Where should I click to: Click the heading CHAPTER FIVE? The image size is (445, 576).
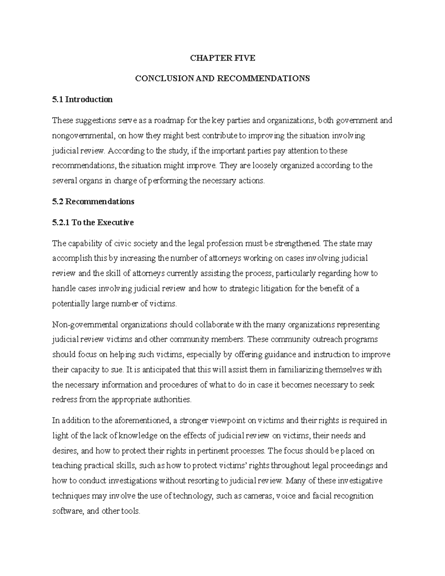click(x=222, y=58)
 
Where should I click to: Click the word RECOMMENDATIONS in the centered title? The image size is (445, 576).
click(x=263, y=79)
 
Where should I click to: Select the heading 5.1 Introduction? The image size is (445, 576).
click(x=82, y=99)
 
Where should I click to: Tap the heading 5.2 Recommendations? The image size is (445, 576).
click(x=93, y=202)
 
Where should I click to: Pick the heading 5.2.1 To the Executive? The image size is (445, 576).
click(x=93, y=223)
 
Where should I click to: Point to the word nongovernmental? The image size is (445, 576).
click(x=83, y=136)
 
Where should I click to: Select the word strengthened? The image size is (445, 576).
click(x=297, y=244)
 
